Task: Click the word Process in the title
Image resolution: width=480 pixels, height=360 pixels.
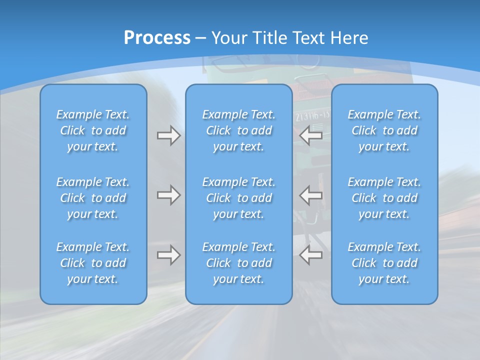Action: tap(157, 38)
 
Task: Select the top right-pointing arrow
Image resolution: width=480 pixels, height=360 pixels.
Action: tap(169, 135)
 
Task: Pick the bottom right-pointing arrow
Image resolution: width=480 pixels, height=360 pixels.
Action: tap(169, 255)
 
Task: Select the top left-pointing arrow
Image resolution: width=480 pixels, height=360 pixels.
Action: tap(311, 135)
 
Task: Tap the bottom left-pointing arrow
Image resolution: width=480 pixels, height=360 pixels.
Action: tap(311, 255)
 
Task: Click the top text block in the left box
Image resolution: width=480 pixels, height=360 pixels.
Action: tap(93, 130)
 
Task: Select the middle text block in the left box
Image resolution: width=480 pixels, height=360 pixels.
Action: tap(93, 198)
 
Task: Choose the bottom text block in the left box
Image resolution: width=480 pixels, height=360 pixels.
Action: tap(93, 263)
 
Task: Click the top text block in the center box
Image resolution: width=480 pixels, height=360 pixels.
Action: tap(238, 130)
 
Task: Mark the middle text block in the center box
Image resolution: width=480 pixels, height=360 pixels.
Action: tap(238, 198)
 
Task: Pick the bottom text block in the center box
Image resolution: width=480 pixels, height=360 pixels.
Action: tap(238, 263)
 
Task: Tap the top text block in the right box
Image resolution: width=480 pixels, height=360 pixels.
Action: tap(384, 130)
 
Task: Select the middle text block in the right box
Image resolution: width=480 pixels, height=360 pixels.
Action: tap(384, 198)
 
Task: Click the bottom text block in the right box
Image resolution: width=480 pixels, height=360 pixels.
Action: tap(384, 263)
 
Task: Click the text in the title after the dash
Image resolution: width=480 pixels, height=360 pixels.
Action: tap(290, 38)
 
